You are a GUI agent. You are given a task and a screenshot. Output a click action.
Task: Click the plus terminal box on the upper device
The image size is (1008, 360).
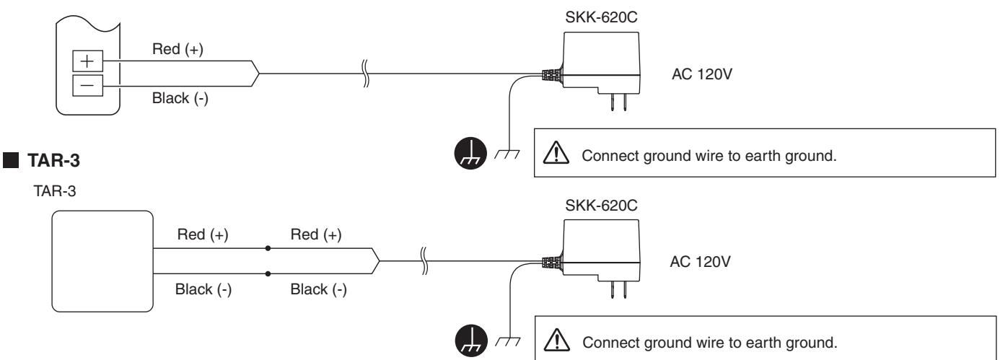(x=88, y=61)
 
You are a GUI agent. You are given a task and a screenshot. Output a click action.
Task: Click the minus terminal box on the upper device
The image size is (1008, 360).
(x=88, y=86)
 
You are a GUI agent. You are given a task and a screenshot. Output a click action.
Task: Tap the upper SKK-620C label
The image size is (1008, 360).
(x=601, y=17)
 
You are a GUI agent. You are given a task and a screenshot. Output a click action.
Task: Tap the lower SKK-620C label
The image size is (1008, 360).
(x=601, y=205)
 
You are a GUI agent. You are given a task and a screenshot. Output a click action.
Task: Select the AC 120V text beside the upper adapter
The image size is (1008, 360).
(x=701, y=74)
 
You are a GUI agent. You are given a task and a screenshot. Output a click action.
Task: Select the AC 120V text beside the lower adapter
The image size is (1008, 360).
(x=700, y=261)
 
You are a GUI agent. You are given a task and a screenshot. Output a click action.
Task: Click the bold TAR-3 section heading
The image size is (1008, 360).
(x=53, y=161)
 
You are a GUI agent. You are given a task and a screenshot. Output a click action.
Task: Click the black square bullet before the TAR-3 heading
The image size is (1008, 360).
(x=11, y=160)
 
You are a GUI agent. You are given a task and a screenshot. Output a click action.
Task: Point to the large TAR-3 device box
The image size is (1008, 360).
(x=102, y=261)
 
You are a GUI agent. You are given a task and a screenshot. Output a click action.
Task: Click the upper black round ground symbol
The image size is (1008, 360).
(x=470, y=153)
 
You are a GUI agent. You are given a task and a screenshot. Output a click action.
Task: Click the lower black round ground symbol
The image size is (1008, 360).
(x=471, y=341)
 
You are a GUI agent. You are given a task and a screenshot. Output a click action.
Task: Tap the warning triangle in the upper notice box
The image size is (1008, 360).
(x=556, y=152)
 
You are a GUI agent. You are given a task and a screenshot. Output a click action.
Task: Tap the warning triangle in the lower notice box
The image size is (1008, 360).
(x=557, y=340)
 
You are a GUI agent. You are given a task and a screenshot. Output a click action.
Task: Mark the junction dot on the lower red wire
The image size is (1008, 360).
(x=268, y=248)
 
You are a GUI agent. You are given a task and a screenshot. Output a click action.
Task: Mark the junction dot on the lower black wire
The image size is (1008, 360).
(x=268, y=273)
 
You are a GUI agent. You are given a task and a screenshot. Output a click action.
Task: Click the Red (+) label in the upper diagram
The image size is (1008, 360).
(x=178, y=49)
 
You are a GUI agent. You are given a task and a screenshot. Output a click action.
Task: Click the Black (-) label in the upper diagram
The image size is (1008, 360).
(x=180, y=98)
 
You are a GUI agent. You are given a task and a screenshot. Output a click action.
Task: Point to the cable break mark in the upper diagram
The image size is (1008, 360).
(x=365, y=74)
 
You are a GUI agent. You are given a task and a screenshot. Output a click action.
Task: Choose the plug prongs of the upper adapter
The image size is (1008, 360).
(x=619, y=102)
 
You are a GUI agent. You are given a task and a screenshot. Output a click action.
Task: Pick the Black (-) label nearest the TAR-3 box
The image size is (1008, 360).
(x=203, y=289)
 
